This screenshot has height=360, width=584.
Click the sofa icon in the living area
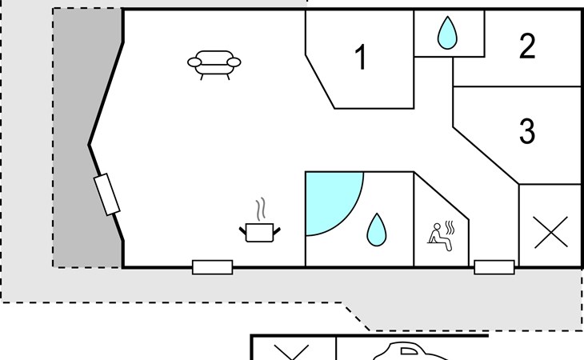pyautogui.click(x=214, y=64)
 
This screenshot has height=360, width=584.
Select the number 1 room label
pyautogui.click(x=360, y=58)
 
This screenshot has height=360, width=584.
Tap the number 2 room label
pyautogui.click(x=526, y=47)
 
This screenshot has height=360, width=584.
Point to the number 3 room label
pyautogui.click(x=526, y=130)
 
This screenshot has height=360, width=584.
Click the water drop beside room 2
pyautogui.click(x=446, y=34)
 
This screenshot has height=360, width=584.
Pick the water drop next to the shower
pyautogui.click(x=376, y=230)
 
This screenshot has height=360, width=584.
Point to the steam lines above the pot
pyautogui.click(x=259, y=210)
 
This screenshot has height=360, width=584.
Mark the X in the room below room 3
pyautogui.click(x=550, y=232)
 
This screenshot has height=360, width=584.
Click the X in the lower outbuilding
pyautogui.click(x=291, y=352)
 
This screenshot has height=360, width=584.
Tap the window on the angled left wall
pyautogui.click(x=106, y=194)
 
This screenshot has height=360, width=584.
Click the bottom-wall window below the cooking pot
pyautogui.click(x=212, y=267)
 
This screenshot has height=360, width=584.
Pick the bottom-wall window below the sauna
pyautogui.click(x=494, y=267)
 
